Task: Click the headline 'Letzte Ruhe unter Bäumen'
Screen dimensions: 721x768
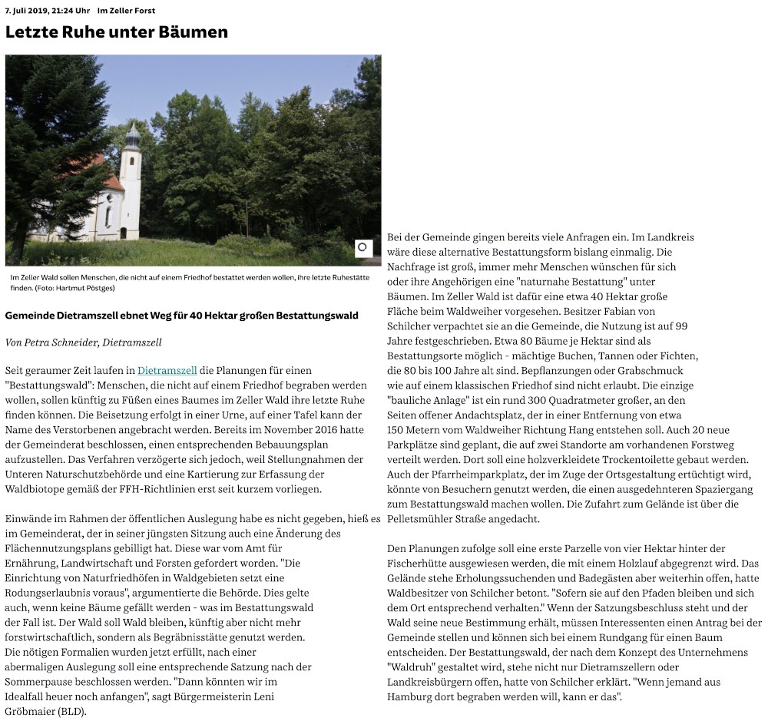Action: [117, 32]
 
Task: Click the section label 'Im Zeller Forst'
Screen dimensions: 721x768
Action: [127, 9]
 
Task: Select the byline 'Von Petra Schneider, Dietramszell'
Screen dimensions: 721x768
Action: [84, 342]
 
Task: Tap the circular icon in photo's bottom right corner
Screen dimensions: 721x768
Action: [362, 247]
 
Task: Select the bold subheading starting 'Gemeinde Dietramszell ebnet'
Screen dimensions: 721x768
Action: [181, 316]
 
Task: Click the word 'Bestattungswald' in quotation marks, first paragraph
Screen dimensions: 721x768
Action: [46, 385]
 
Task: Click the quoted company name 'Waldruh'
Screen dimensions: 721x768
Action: [410, 666]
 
